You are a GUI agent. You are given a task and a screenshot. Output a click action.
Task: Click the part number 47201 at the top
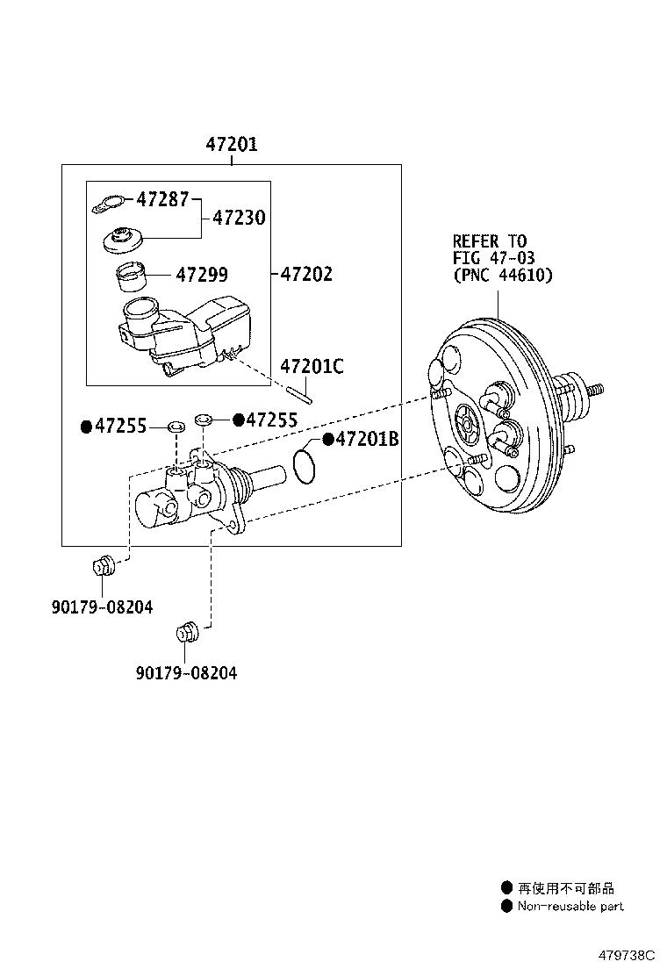click(232, 145)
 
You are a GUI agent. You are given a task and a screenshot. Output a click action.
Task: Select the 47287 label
click(162, 199)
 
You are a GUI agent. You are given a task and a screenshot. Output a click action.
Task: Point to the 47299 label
click(202, 275)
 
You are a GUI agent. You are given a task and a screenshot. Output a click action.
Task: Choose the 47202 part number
click(306, 274)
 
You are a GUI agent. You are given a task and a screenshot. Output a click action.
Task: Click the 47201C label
click(312, 367)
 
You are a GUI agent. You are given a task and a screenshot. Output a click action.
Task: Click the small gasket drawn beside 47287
click(108, 205)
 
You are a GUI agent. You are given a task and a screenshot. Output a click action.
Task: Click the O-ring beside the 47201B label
click(304, 466)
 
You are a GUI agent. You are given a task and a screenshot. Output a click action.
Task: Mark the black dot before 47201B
click(328, 439)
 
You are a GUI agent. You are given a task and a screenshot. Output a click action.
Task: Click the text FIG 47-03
click(493, 258)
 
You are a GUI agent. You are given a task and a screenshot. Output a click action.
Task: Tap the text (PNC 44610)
click(503, 276)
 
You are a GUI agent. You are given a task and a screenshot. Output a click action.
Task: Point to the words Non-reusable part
click(570, 906)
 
